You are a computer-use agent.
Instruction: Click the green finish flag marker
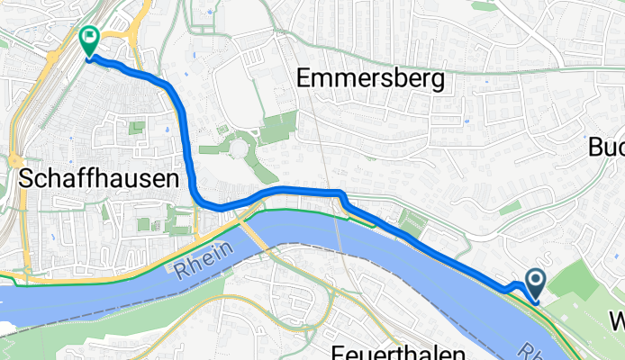tap(90, 40)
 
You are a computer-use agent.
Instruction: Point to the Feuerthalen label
tap(397, 352)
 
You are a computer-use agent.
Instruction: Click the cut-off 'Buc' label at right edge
tap(605, 147)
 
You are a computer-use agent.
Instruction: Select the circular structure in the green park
tap(240, 146)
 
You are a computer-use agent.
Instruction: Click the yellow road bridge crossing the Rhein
tap(255, 232)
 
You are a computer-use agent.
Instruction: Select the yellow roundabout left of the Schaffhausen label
tap(16, 160)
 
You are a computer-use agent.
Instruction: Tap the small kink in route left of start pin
tap(512, 287)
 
